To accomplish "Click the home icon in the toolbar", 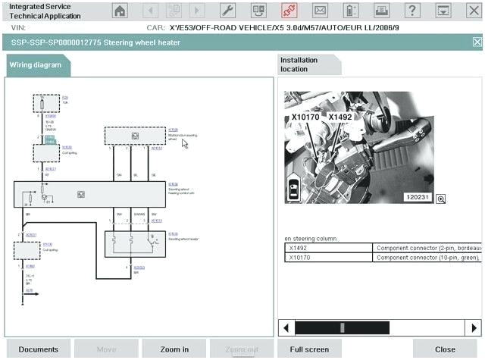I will pyautogui.click(x=120, y=11).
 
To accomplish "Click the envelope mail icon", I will pyautogui.click(x=321, y=11).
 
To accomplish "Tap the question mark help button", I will pyautogui.click(x=411, y=11).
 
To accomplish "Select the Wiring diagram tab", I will pyautogui.click(x=38, y=65).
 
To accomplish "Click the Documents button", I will pyautogui.click(x=39, y=349).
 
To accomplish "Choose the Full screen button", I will pyautogui.click(x=309, y=349).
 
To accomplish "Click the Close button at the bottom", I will pyautogui.click(x=445, y=349).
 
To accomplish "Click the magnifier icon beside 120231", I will pyautogui.click(x=440, y=199).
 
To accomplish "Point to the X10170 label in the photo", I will pyautogui.click(x=305, y=118).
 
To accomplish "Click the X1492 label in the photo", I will pyautogui.click(x=340, y=117).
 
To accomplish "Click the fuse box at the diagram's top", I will pyautogui.click(x=46, y=103).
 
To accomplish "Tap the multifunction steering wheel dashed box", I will pyautogui.click(x=135, y=136).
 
